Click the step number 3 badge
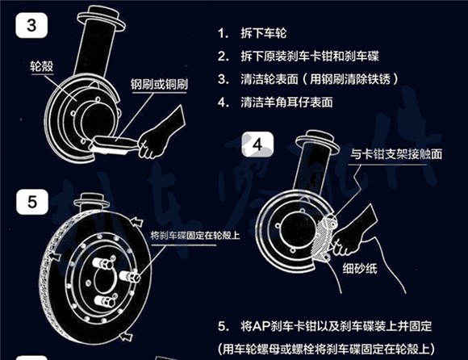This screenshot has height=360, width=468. [31, 24]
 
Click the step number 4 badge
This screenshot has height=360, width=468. [258, 146]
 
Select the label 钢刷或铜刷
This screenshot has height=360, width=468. [157, 84]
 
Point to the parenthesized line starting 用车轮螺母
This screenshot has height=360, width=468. [338, 348]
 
